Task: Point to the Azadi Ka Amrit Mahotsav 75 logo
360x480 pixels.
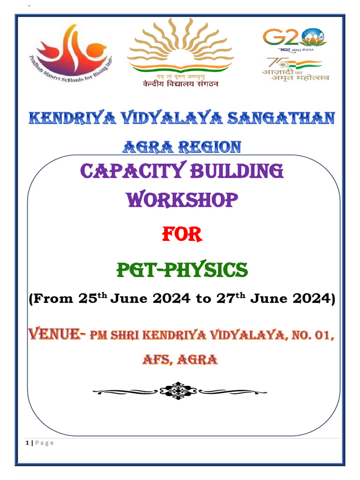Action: [x=295, y=69]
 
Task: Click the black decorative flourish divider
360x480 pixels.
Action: [x=180, y=390]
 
